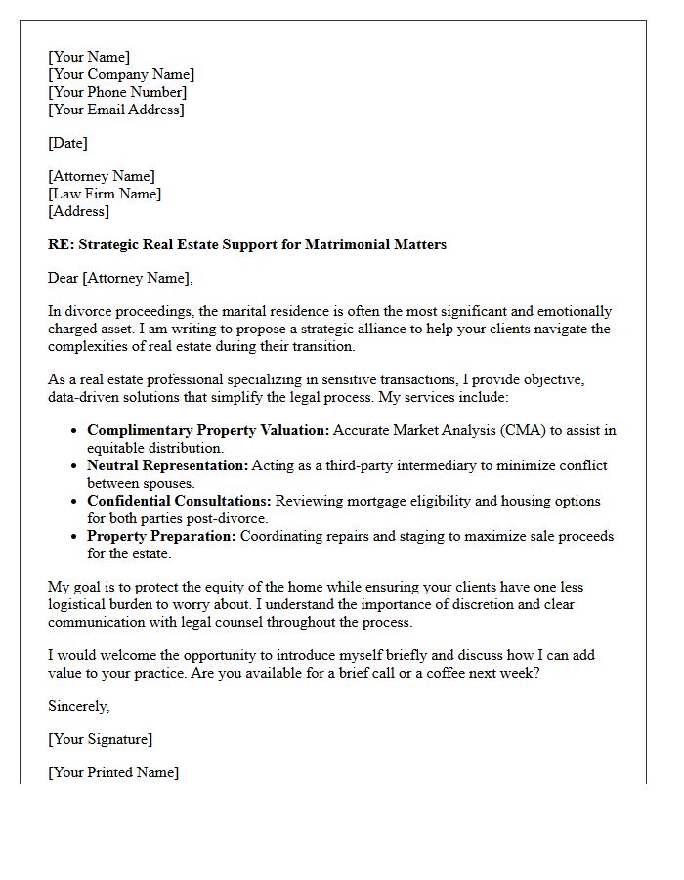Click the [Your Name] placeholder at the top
click(89, 57)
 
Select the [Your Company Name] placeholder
click(121, 74)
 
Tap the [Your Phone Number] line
click(117, 92)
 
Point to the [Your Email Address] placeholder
click(116, 110)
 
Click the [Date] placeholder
click(67, 143)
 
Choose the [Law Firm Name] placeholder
click(105, 194)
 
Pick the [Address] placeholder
click(79, 211)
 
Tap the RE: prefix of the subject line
click(61, 244)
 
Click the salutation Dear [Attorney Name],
click(121, 278)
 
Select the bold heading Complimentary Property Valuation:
click(207, 430)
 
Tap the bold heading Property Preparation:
click(161, 536)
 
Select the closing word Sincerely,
click(79, 706)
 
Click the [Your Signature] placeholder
click(101, 739)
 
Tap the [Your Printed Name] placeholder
click(113, 772)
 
